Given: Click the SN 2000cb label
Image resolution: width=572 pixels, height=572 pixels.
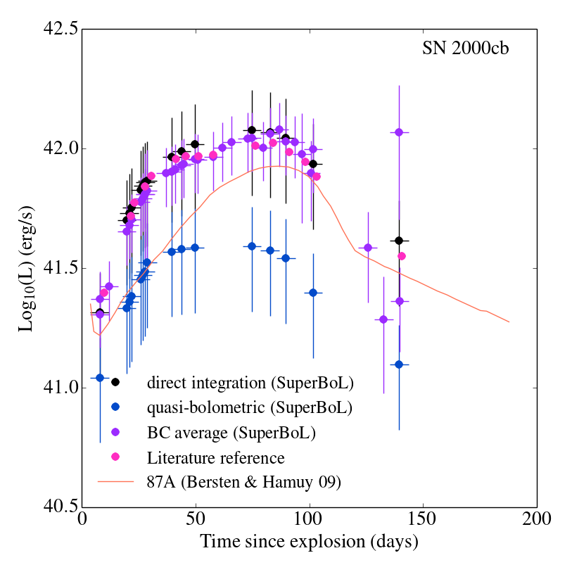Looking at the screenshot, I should [x=475, y=49].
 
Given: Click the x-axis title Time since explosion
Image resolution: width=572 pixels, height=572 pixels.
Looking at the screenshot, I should [x=309, y=542].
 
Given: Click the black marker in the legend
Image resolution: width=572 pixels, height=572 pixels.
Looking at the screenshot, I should [x=115, y=382].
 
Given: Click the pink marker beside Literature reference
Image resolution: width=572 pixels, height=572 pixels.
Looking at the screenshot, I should [x=115, y=457].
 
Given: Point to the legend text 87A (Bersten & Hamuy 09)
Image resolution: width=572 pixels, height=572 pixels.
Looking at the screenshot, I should [x=244, y=483].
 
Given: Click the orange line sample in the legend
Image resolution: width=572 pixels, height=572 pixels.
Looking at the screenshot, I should [x=115, y=482].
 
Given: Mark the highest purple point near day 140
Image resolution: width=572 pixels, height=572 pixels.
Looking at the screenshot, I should [x=399, y=132].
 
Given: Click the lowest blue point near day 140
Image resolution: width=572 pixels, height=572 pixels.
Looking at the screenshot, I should [x=399, y=364].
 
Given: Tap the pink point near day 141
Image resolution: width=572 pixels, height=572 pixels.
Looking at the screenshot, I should [x=402, y=256].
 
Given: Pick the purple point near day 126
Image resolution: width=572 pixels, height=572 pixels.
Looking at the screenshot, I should [x=368, y=248].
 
